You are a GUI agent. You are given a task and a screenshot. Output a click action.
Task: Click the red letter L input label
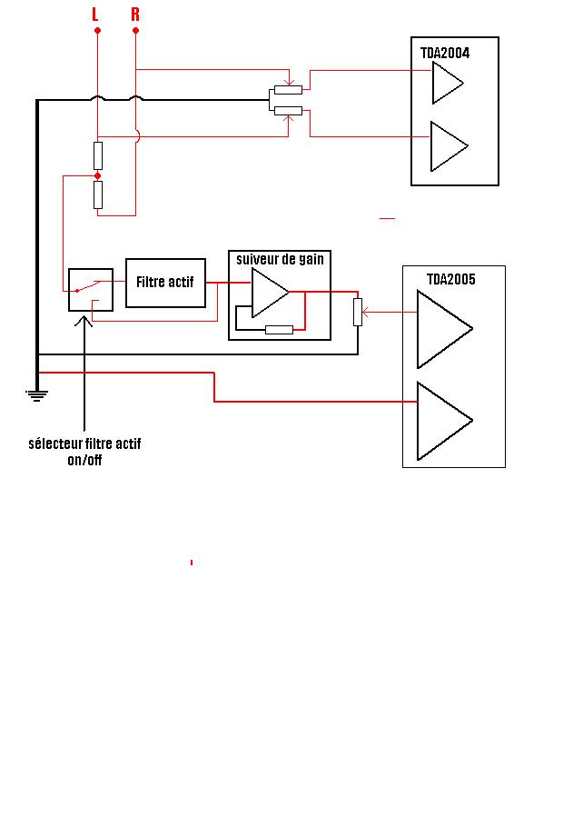click(94, 14)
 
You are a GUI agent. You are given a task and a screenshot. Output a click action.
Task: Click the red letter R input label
click(135, 14)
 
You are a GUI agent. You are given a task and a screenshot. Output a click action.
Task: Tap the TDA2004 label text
click(445, 54)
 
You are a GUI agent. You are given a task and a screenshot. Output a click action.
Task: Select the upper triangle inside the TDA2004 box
click(445, 84)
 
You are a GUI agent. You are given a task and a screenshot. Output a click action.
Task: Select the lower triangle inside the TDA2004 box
click(446, 146)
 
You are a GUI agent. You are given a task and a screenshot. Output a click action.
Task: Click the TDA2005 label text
click(451, 279)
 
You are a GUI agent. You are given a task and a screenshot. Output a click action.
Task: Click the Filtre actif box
click(165, 283)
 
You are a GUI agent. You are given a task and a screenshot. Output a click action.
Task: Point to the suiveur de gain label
click(280, 259)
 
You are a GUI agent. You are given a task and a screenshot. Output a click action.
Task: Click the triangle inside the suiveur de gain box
click(268, 292)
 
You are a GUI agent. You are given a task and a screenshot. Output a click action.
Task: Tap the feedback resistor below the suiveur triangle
click(279, 329)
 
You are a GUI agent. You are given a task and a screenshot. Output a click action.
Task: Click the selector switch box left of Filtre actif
click(91, 289)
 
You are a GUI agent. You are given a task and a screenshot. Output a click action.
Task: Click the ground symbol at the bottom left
click(36, 394)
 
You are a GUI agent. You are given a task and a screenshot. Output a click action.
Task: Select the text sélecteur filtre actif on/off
click(84, 452)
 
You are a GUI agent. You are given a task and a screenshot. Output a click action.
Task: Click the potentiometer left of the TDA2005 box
click(358, 312)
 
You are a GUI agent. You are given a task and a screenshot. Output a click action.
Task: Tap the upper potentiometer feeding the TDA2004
click(288, 90)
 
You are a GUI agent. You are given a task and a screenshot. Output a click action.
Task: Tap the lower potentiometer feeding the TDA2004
click(288, 111)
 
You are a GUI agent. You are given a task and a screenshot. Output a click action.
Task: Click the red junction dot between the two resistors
click(97, 175)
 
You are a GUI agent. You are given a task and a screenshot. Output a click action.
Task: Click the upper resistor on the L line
click(97, 155)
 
